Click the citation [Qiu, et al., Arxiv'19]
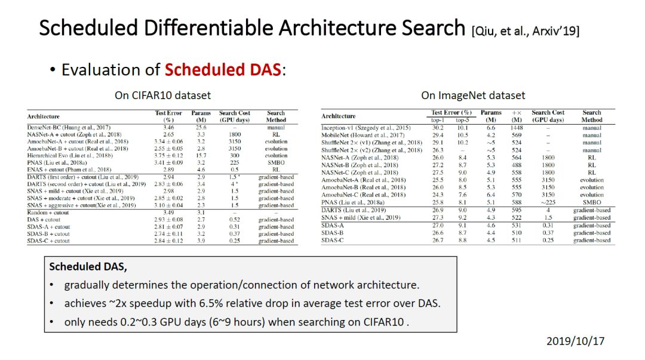point(526,31)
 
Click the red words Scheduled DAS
point(223,69)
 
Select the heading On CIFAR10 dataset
point(162,96)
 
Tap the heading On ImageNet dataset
point(473,96)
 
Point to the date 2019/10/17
point(576,341)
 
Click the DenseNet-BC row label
point(69,128)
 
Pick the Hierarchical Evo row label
point(70,155)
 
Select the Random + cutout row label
point(48,213)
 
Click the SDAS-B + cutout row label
point(48,233)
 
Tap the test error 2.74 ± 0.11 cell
point(168,233)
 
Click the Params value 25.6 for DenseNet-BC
point(201,128)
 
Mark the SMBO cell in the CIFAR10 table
point(275,162)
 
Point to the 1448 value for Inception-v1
point(516,128)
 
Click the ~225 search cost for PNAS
point(548,202)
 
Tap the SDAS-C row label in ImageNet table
point(333,240)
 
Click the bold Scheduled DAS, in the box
point(88,267)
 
